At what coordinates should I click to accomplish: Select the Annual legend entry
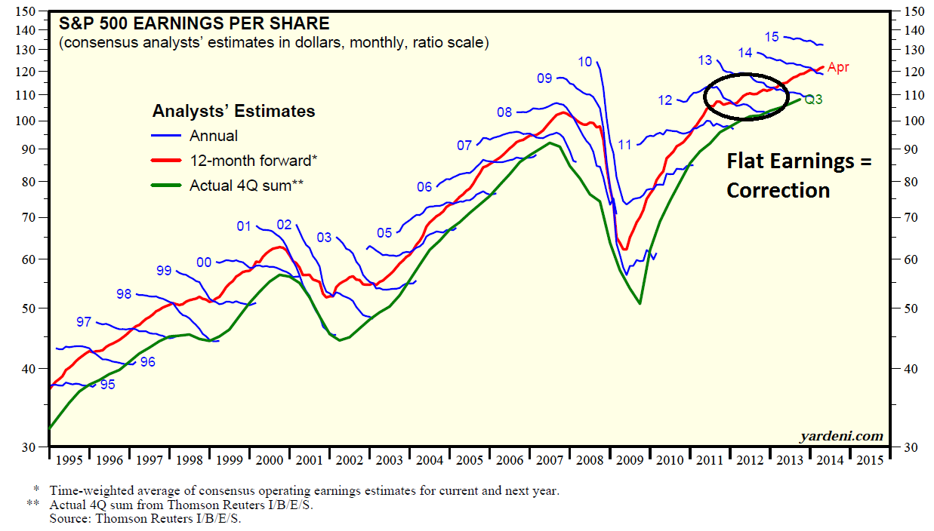click(x=214, y=136)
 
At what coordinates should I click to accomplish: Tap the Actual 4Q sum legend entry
click(x=246, y=185)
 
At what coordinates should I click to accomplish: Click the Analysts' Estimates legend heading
click(x=233, y=111)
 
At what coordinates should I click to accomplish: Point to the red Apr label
click(x=838, y=68)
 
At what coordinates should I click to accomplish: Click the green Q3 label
click(x=813, y=100)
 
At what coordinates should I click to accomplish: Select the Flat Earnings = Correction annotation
click(x=799, y=176)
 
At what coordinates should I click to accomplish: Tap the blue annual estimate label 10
click(x=584, y=62)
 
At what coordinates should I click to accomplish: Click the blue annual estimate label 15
click(x=771, y=36)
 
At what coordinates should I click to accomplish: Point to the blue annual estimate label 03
click(x=324, y=238)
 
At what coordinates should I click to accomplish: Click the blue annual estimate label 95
click(x=108, y=385)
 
